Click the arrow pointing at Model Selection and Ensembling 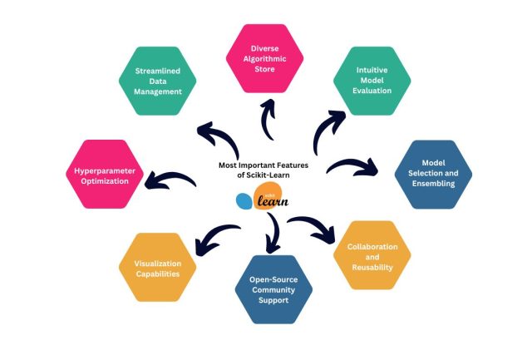(x=353, y=166)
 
